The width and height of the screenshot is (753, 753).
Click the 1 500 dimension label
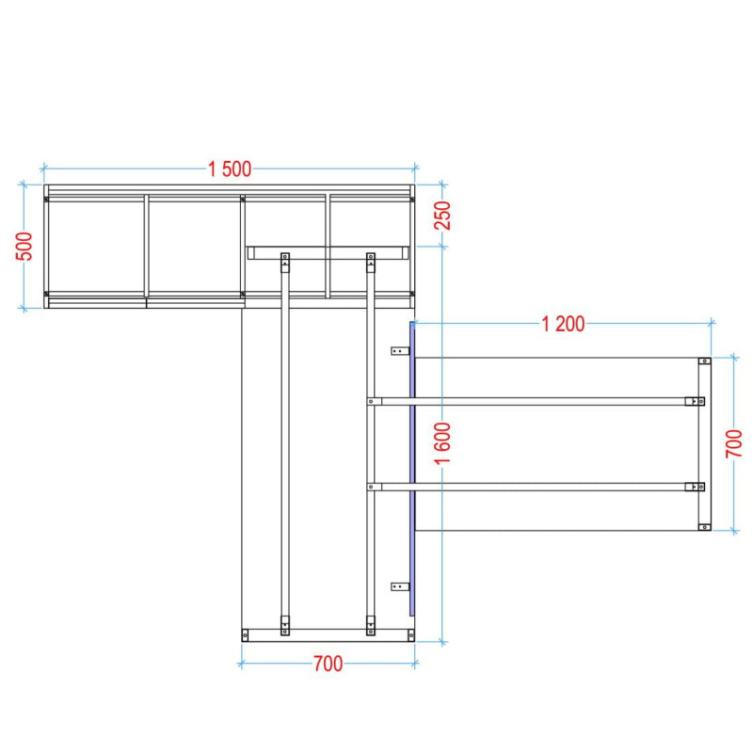point(230,169)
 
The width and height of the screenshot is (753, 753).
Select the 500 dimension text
point(24,247)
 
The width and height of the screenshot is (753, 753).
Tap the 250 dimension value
point(443,216)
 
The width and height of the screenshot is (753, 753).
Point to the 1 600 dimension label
point(442,442)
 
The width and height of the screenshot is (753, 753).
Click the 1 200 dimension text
point(563,324)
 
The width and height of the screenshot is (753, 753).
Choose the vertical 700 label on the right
point(734,443)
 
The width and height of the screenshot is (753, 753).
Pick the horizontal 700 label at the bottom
point(328,664)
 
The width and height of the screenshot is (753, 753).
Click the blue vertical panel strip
point(412,469)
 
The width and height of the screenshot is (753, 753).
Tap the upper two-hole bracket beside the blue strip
point(400,351)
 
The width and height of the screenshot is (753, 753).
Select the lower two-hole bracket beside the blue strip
point(400,586)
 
